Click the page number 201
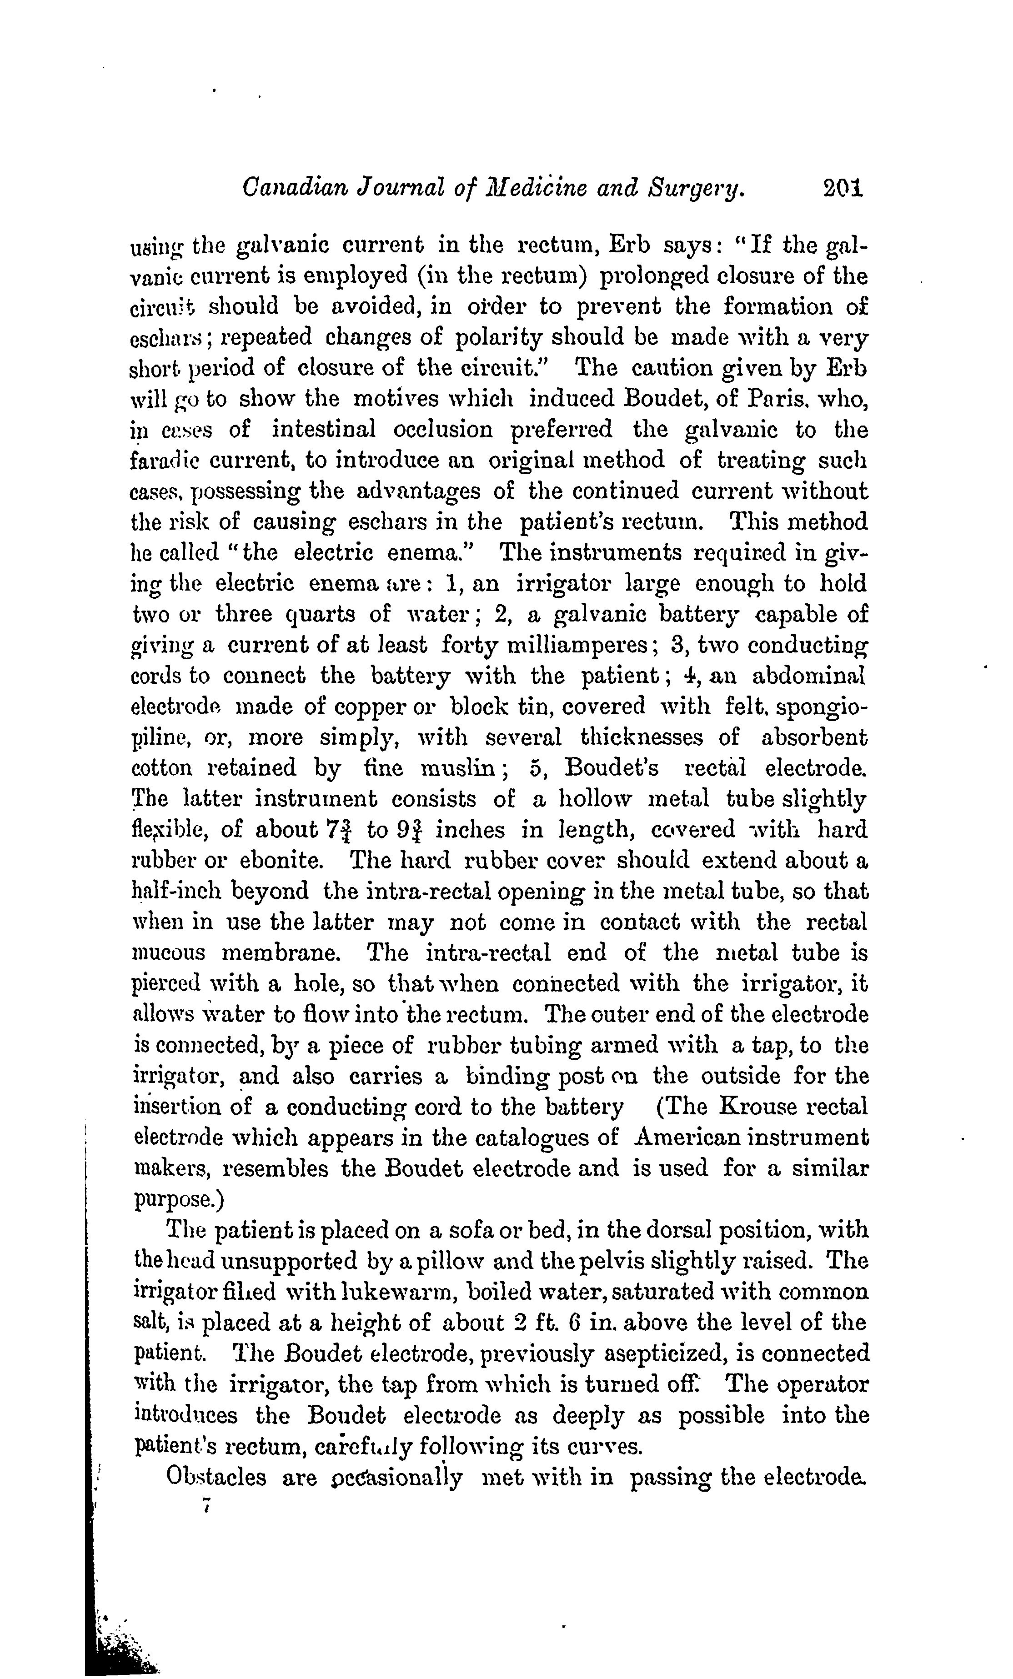(x=842, y=189)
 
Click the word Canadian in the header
(x=285, y=189)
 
